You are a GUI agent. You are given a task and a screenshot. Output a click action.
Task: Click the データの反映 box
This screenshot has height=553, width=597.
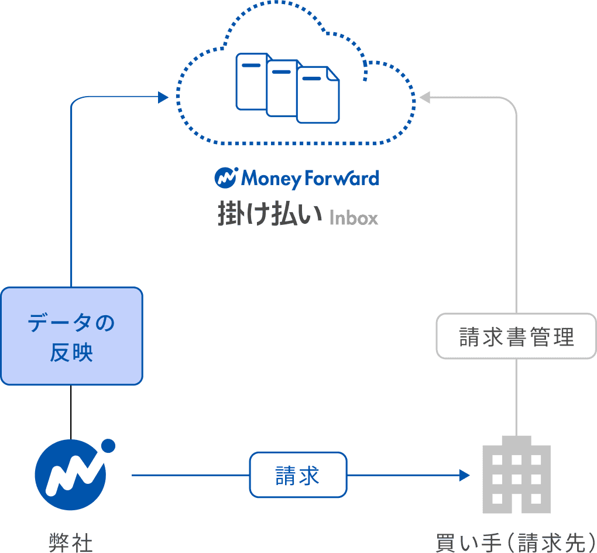[71, 336]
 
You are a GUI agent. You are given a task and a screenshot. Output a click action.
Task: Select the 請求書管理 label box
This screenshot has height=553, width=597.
[516, 336]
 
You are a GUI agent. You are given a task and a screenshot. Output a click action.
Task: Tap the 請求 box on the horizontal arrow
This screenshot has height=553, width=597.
[298, 475]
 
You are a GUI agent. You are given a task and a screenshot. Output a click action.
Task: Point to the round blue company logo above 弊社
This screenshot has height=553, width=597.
[70, 475]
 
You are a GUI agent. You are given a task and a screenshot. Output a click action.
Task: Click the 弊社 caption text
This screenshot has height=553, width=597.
[71, 542]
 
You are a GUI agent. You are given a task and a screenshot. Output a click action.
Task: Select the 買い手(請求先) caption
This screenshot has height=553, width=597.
[515, 542]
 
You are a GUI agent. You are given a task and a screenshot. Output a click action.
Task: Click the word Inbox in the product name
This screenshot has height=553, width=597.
[354, 218]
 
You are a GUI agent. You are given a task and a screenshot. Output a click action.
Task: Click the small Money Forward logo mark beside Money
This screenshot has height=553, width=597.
[225, 177]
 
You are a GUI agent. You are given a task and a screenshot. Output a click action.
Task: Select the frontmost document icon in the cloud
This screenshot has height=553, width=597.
[318, 95]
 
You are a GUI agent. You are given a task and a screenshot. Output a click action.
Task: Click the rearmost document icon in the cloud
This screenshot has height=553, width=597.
[251, 81]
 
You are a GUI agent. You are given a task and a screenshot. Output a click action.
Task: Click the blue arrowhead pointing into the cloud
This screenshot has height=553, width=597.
[163, 97]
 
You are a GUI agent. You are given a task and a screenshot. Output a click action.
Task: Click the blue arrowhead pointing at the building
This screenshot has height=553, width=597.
[465, 475]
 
